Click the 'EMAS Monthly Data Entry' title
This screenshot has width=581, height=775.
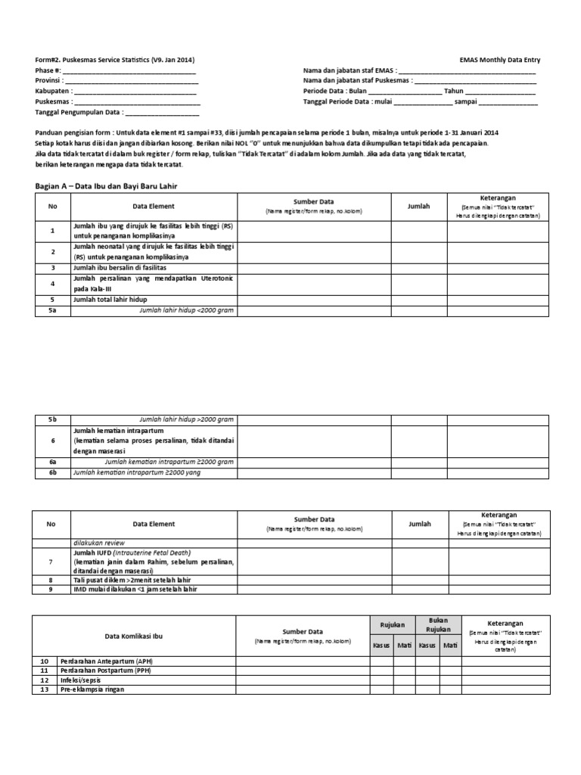click(500, 60)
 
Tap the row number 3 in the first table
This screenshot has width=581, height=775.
click(53, 268)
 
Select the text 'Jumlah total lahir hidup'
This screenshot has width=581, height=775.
click(110, 300)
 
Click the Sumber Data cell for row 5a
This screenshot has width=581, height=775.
click(314, 310)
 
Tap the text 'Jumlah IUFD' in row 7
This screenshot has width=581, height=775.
click(93, 553)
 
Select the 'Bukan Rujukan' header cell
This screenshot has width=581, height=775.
click(439, 624)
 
